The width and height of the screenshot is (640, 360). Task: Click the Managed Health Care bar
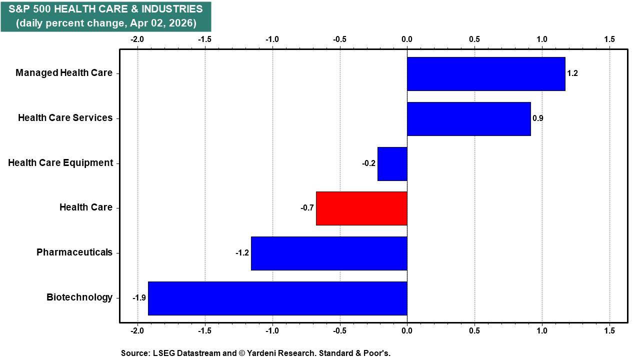pyautogui.click(x=486, y=73)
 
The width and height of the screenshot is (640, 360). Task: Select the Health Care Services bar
pyautogui.click(x=468, y=118)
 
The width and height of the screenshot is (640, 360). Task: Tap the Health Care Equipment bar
pyautogui.click(x=392, y=163)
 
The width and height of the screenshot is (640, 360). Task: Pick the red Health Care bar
pyautogui.click(x=361, y=208)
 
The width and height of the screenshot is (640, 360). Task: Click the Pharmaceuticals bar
pyautogui.click(x=329, y=253)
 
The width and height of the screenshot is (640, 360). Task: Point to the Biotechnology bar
pyautogui.click(x=277, y=298)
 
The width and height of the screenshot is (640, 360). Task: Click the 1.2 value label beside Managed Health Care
pyautogui.click(x=572, y=73)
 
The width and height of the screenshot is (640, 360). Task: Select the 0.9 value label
pyautogui.click(x=538, y=118)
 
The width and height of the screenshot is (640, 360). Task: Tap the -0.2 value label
pyautogui.click(x=369, y=163)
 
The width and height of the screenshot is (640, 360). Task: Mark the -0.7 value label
pyautogui.click(x=307, y=208)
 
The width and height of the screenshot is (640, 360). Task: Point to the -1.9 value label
pyautogui.click(x=139, y=298)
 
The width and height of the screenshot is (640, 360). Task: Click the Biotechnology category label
pyautogui.click(x=79, y=297)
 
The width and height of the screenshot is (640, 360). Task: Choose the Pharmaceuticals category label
pyautogui.click(x=74, y=252)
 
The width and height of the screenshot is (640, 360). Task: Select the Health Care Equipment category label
pyautogui.click(x=60, y=163)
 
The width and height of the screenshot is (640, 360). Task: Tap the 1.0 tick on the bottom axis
pyautogui.click(x=541, y=331)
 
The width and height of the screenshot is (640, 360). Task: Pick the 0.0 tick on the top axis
pyautogui.click(x=407, y=39)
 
